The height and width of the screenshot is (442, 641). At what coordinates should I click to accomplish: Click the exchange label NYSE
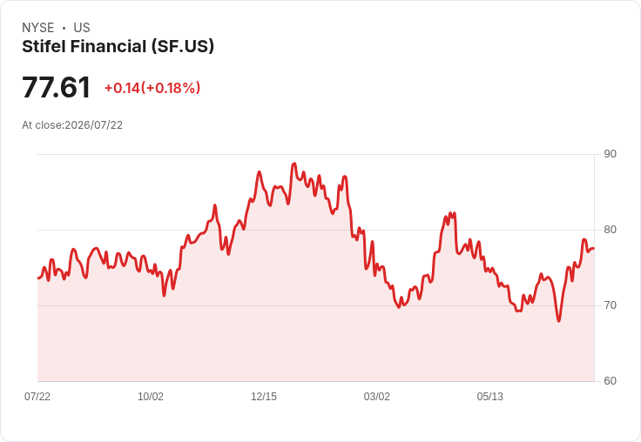click(38, 28)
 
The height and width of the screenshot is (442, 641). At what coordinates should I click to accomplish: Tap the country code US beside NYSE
click(82, 28)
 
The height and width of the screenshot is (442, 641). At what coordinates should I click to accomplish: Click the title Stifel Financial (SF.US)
click(118, 47)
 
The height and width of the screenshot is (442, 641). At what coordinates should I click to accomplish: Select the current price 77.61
click(56, 87)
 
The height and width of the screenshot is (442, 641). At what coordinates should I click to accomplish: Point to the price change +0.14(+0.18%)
click(152, 88)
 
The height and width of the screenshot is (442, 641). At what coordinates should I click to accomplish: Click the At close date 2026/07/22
click(93, 125)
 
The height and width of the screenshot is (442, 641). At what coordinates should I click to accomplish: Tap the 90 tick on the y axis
click(610, 154)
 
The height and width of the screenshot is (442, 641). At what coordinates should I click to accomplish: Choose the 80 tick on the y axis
click(610, 230)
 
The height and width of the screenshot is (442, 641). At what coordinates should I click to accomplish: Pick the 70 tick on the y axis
click(610, 305)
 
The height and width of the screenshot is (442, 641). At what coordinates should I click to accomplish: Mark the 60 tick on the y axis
click(610, 381)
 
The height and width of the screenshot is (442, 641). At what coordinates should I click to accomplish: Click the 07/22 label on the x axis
click(37, 396)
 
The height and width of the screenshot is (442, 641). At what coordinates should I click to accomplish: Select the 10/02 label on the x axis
click(151, 396)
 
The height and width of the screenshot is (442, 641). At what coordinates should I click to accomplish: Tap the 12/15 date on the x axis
click(264, 396)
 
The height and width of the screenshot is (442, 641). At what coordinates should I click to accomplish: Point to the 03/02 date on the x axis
click(377, 396)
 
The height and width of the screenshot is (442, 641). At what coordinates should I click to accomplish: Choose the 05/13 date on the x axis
click(489, 396)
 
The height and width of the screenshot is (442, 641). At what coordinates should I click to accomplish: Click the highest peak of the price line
click(294, 164)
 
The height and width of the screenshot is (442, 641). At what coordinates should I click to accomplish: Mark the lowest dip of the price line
click(559, 321)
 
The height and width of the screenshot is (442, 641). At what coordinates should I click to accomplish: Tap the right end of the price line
click(594, 248)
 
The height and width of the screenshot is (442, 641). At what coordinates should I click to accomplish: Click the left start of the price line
click(38, 278)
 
